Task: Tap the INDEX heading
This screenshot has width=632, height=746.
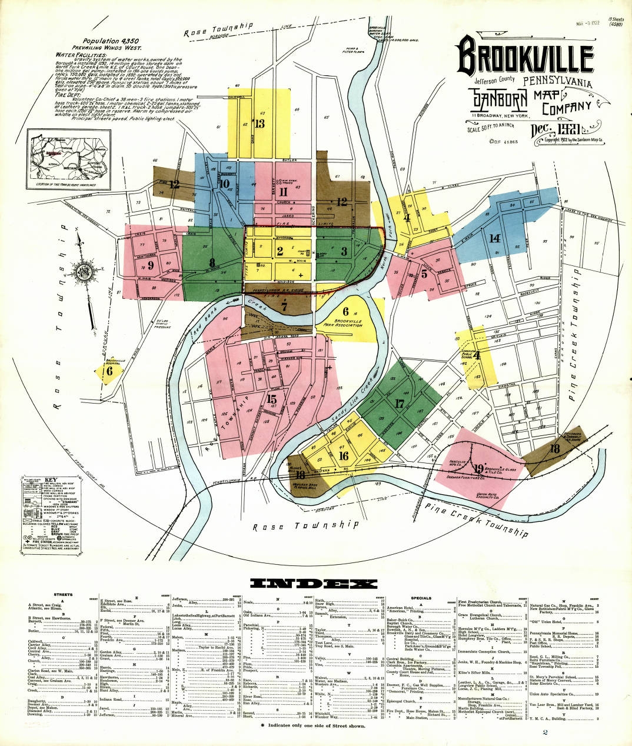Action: [x=314, y=584]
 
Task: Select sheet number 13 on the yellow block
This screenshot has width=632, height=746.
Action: [x=258, y=124]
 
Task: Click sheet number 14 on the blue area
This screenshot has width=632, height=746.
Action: [x=494, y=238]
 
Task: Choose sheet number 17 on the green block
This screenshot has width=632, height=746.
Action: [x=400, y=404]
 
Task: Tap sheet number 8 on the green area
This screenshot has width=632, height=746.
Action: [x=212, y=263]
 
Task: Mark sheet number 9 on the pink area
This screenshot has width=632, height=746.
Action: [x=151, y=265]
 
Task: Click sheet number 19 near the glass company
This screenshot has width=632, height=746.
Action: [x=478, y=468]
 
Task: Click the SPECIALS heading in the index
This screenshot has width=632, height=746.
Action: [x=421, y=598]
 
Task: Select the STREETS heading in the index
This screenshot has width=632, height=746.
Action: [x=63, y=595]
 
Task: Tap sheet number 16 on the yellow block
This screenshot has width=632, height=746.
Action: [x=344, y=456]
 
